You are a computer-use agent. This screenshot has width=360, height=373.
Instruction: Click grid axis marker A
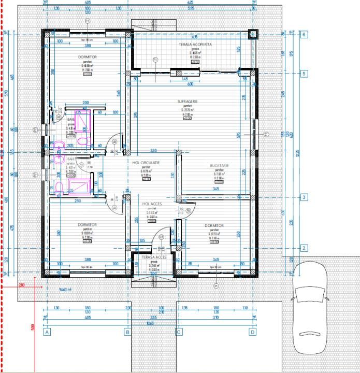[x=47, y=332]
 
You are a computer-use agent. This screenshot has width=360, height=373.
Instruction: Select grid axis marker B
[x=127, y=332]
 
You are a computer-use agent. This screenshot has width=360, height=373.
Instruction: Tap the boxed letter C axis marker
[x=179, y=332]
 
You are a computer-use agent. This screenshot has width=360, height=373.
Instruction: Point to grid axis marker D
[x=253, y=332]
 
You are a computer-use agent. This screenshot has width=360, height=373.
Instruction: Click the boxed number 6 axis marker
[x=305, y=35]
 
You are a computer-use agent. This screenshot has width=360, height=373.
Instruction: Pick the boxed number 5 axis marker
[x=305, y=74]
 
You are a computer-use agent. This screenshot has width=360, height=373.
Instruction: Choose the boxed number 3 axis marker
[x=305, y=197]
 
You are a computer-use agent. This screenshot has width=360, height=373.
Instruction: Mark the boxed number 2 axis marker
[x=305, y=248]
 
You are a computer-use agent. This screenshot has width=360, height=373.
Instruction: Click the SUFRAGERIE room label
[x=187, y=102]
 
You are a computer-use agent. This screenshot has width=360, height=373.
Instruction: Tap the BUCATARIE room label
[x=219, y=166]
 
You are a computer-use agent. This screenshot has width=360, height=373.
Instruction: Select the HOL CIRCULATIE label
[x=146, y=163]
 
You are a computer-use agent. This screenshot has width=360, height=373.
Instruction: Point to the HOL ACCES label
[x=153, y=204]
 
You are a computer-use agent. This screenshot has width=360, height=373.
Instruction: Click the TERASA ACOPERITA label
[x=195, y=45]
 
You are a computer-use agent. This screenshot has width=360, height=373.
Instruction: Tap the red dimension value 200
[x=22, y=285]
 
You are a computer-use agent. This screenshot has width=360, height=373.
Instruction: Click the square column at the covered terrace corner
[x=252, y=35]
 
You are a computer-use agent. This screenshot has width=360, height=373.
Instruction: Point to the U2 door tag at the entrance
[x=161, y=237]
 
